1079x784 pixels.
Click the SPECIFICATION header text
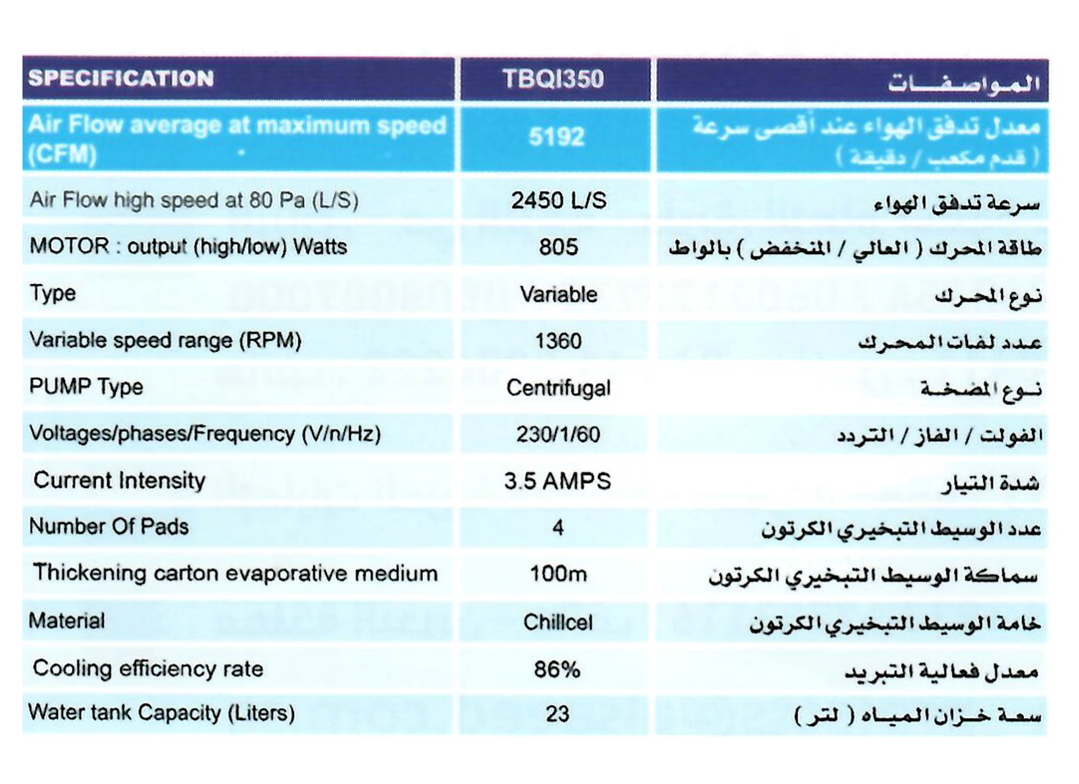tap(121, 78)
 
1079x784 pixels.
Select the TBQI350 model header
tap(553, 79)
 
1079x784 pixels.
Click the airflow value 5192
tap(556, 137)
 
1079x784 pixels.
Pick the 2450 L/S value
tap(559, 201)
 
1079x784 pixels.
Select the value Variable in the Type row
tap(559, 294)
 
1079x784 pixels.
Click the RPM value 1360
tap(558, 341)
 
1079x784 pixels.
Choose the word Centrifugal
tap(558, 388)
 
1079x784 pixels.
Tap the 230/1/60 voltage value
tap(558, 434)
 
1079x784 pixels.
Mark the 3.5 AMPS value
tap(558, 482)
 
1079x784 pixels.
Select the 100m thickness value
tap(558, 574)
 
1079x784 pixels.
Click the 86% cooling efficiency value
tap(557, 670)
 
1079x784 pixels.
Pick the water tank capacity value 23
tap(557, 714)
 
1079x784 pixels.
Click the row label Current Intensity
tap(120, 481)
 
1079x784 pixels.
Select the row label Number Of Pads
tap(109, 527)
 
